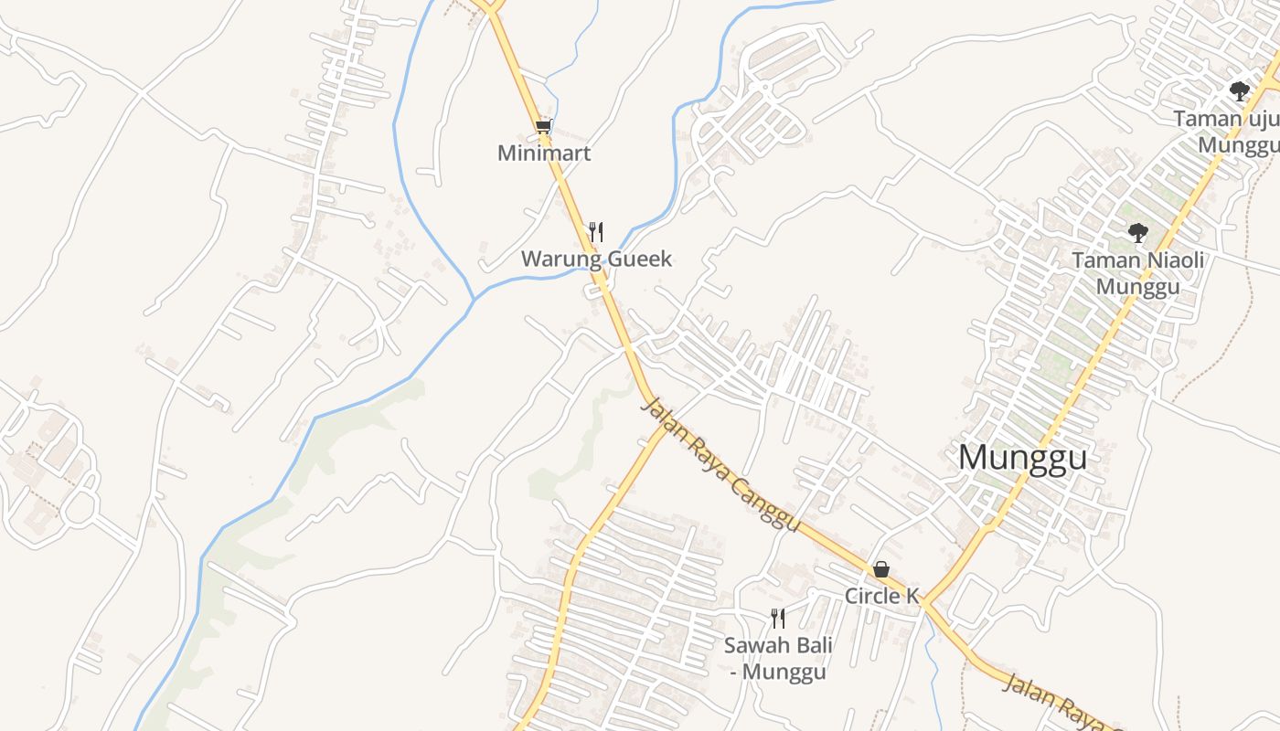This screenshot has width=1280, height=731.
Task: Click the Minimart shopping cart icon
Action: tap(544, 127)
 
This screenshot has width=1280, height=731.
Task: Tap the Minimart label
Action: tap(544, 154)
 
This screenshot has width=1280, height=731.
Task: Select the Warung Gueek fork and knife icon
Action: tap(596, 231)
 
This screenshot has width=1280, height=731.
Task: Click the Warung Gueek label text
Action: tap(596, 260)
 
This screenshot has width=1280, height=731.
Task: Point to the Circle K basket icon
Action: tap(880, 569)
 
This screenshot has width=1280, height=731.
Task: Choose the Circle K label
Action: tap(880, 597)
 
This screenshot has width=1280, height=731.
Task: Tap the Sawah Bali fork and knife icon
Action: tap(778, 619)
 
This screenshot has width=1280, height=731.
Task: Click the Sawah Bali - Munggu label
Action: tap(778, 659)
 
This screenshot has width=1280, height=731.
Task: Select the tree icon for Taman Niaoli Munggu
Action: tap(1137, 233)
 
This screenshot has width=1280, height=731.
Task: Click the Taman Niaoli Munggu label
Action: tap(1137, 273)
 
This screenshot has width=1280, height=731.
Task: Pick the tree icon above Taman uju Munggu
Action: tap(1240, 90)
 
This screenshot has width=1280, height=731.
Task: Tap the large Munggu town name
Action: tap(1023, 458)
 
